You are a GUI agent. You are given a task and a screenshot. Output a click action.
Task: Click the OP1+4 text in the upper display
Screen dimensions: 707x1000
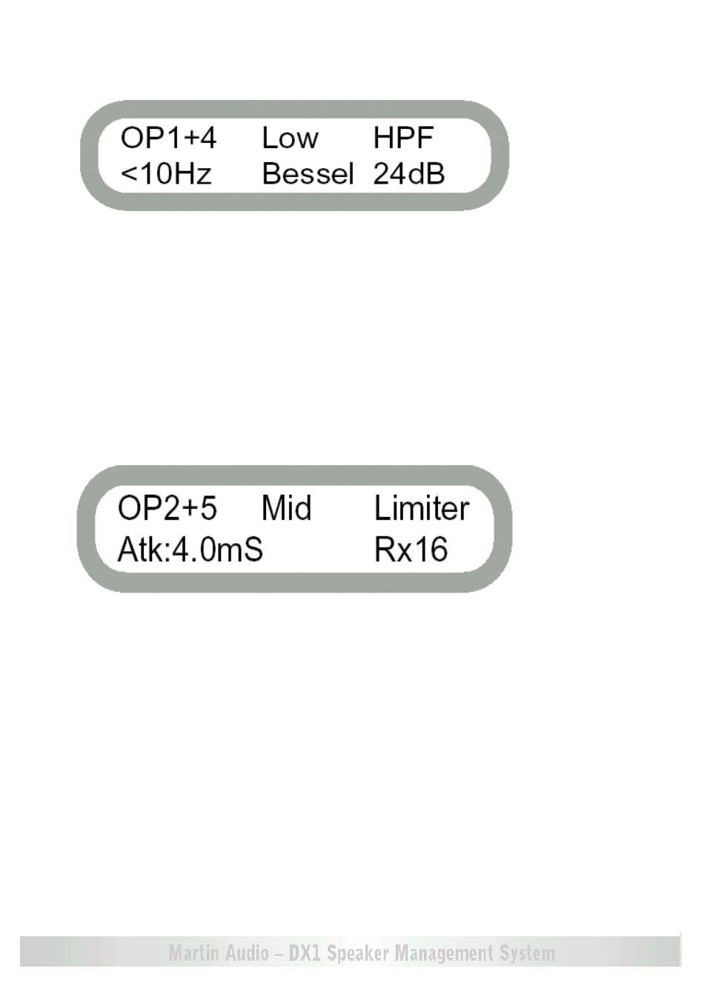point(168,138)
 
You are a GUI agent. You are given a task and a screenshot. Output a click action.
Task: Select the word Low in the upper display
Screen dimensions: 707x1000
point(291,138)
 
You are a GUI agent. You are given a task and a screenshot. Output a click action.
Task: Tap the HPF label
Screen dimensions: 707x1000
point(403,138)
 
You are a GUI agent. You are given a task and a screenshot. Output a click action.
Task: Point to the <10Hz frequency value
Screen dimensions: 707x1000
point(166,173)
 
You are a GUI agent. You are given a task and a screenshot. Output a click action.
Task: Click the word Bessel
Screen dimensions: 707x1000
point(308,173)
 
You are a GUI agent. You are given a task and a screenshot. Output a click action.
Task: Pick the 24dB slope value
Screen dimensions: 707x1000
point(409,173)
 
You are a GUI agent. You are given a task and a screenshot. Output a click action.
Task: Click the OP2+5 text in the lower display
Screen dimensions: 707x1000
point(167,508)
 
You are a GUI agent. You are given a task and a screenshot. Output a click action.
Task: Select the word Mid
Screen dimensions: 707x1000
point(286,508)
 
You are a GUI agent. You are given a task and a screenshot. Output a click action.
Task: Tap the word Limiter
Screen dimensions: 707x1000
point(422,508)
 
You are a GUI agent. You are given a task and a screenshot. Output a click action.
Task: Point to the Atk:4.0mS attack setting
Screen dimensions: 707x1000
point(190,550)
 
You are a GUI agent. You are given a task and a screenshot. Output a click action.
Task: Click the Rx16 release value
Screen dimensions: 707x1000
point(411,550)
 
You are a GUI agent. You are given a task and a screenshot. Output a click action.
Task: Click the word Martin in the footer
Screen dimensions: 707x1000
point(195,953)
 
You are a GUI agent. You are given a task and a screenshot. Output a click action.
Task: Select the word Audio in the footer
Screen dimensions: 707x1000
point(247,953)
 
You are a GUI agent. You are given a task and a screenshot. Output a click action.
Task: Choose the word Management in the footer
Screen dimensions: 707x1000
point(445,954)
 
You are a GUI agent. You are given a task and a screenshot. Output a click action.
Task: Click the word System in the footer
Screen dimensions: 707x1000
point(528,954)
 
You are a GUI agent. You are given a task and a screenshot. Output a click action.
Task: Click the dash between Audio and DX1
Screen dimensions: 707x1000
point(279,955)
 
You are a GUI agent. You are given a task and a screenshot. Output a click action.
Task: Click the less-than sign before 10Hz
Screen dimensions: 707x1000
point(129,174)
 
